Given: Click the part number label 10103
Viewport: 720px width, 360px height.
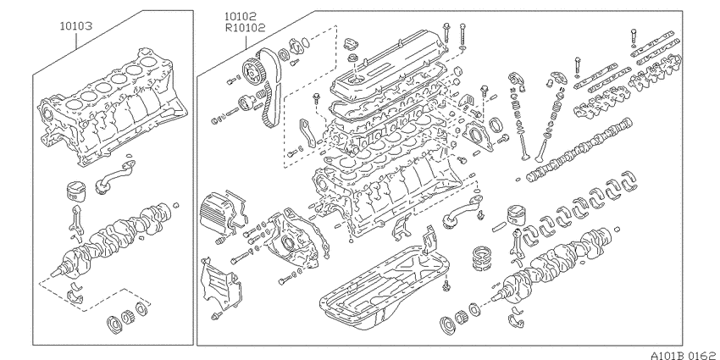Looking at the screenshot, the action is coord(75,26).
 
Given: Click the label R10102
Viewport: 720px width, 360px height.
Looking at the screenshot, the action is coord(245,28).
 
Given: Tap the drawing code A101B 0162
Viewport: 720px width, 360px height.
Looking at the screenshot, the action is coord(684,355).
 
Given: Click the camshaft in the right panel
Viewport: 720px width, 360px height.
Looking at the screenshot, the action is coord(579,150).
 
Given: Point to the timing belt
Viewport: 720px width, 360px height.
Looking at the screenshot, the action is coord(269,87).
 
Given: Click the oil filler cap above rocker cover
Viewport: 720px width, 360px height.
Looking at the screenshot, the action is coord(348,45).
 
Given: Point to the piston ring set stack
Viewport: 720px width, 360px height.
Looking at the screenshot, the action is coord(482,258).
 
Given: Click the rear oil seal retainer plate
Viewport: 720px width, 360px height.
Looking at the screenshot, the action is coord(477,133).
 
